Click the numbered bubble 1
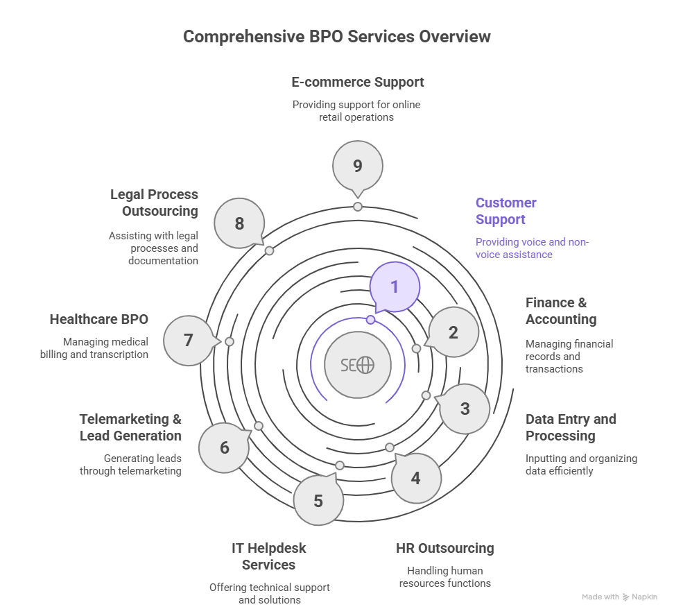[x=395, y=286]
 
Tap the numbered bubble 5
[x=318, y=500]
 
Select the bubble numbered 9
[x=358, y=166]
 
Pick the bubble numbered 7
[x=188, y=341]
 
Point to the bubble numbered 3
[x=465, y=409]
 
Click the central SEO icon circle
[x=358, y=365]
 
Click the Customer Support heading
[x=506, y=211]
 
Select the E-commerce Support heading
[x=358, y=82]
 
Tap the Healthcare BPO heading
[x=99, y=319]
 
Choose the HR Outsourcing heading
[x=445, y=548]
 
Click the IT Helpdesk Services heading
[x=269, y=556]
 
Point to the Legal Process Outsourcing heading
[x=154, y=203]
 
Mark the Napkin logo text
[x=645, y=597]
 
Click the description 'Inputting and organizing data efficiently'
[x=581, y=465]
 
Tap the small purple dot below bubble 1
[x=371, y=320]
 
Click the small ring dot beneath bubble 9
[x=358, y=207]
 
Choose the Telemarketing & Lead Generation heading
[x=130, y=427]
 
